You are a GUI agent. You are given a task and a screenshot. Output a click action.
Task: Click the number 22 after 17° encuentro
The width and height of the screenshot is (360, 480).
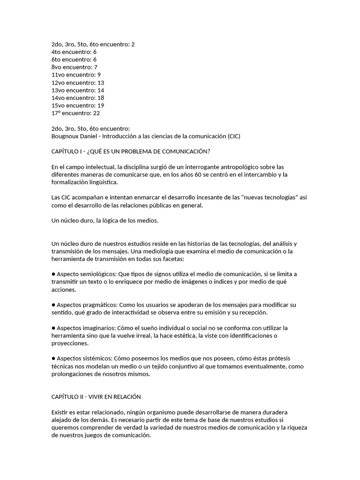click(x=96, y=113)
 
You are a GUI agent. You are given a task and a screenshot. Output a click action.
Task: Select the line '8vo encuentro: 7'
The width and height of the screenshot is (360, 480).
click(x=74, y=67)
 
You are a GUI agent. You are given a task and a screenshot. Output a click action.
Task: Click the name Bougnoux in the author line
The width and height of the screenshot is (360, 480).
click(x=66, y=136)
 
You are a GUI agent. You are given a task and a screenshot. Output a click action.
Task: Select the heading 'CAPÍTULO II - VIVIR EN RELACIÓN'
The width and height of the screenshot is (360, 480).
click(x=96, y=396)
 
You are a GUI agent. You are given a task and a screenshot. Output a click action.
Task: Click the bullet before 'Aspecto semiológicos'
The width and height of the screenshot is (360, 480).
click(x=53, y=274)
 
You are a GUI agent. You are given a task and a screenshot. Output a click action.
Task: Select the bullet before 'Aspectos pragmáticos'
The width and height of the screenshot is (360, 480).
click(x=53, y=305)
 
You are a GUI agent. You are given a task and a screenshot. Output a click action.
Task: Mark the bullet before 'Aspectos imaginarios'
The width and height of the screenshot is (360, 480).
click(x=53, y=328)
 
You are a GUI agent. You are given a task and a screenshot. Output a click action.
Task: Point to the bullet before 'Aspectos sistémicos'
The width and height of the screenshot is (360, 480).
click(x=53, y=359)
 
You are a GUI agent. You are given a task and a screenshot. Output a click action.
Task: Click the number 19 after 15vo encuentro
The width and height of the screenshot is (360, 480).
click(x=100, y=105)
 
